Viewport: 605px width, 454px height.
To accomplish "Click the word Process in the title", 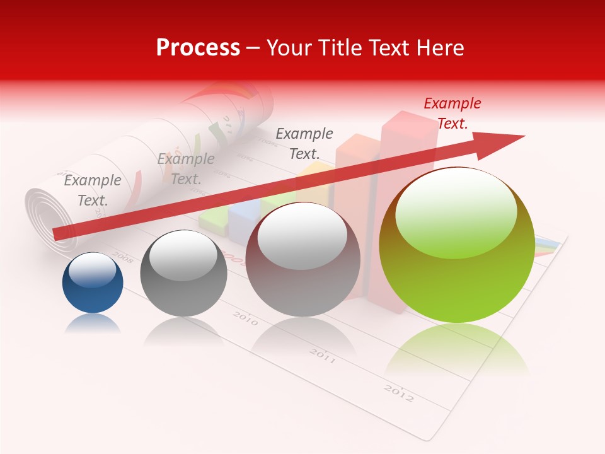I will click(x=198, y=48).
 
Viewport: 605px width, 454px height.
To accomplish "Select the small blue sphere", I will click(x=93, y=284).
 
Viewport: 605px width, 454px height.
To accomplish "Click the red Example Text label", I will click(x=452, y=113).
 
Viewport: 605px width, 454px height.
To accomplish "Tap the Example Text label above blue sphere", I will click(x=93, y=190).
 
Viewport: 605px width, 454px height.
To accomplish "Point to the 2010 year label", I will click(x=245, y=318).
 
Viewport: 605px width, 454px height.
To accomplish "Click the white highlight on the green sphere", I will click(x=456, y=211).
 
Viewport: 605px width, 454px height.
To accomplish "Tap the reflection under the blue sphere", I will click(x=93, y=323).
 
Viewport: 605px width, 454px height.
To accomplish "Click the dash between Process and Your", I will click(x=253, y=49).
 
